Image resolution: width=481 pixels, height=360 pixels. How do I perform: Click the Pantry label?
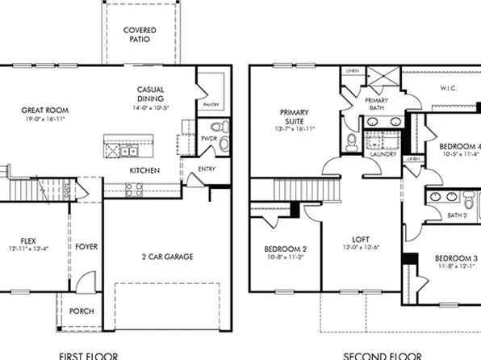point(211,104)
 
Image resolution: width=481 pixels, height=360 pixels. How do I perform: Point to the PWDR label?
point(208,139)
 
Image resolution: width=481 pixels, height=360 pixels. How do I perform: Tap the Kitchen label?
point(144,170)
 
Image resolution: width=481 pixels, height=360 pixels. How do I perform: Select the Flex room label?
point(28,240)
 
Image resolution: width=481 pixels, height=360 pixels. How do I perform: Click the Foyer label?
point(86,246)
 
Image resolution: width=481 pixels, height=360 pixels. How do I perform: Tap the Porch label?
point(82,312)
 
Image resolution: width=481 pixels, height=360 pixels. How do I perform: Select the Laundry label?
point(383,154)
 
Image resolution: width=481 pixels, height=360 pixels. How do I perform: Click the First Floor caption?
point(89,355)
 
